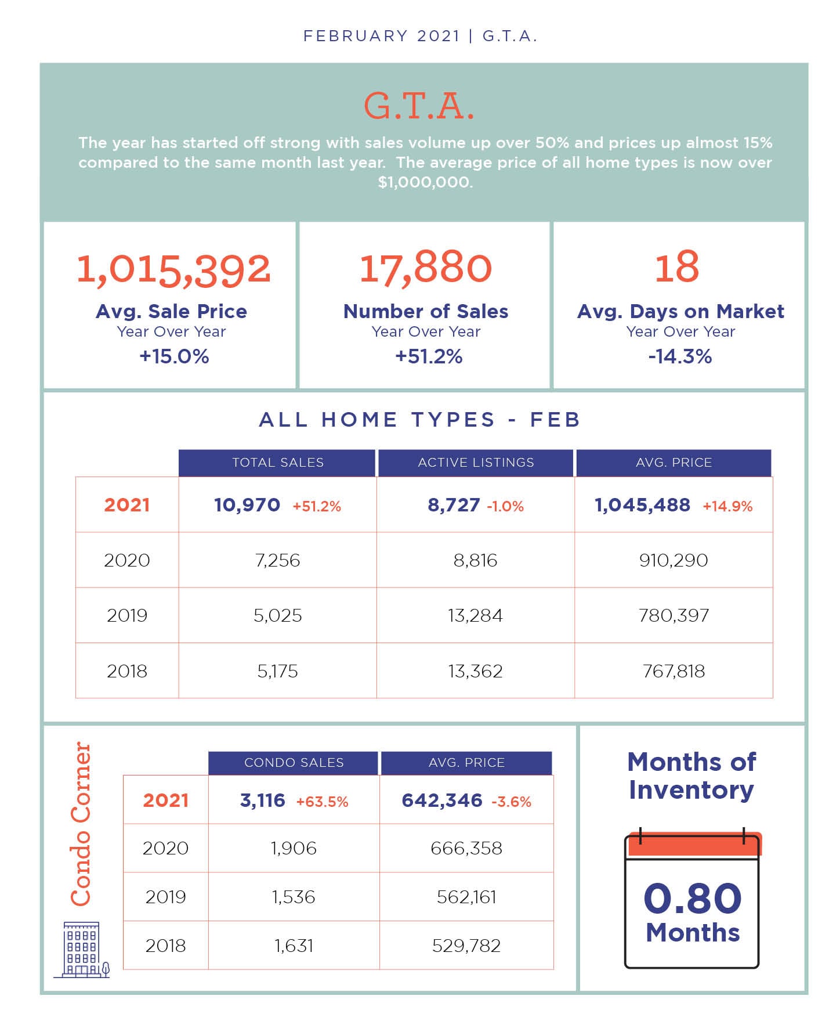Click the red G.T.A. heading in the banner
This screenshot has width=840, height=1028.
(419, 107)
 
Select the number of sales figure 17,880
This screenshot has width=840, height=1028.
(426, 268)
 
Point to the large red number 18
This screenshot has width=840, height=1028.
(677, 267)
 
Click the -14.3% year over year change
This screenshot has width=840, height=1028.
(680, 356)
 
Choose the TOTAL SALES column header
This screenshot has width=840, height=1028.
(278, 463)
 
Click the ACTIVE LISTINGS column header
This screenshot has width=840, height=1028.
(476, 463)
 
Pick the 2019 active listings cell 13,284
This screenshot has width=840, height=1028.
(475, 615)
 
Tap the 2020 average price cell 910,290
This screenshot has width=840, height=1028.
(674, 560)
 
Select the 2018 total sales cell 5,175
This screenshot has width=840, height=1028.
(277, 671)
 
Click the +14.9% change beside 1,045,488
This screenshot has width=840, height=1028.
(727, 506)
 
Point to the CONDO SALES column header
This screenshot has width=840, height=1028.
(294, 763)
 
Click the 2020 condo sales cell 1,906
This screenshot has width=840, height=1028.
(294, 848)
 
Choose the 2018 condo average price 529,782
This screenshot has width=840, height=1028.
(466, 946)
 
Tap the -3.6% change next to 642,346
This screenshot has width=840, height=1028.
(511, 802)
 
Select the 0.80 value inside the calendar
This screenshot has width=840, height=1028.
(693, 899)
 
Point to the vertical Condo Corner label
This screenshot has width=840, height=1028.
(81, 824)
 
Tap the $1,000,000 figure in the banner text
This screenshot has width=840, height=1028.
(425, 182)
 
